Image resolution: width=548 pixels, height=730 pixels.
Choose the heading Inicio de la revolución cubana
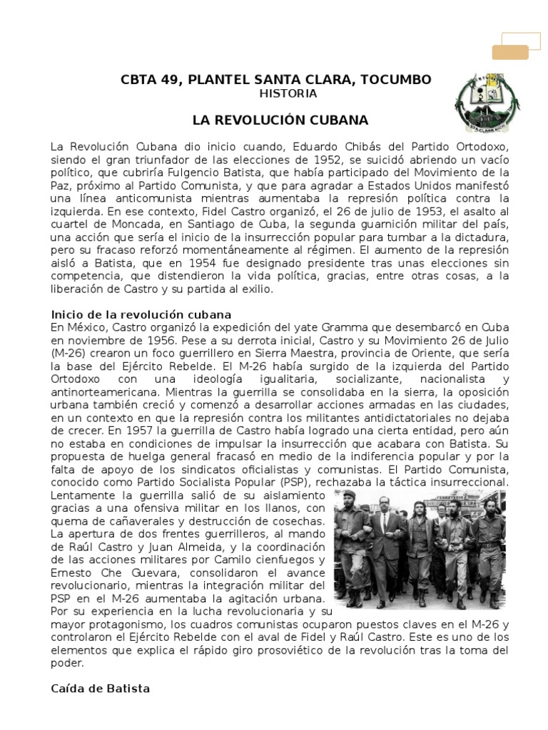[141, 314]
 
